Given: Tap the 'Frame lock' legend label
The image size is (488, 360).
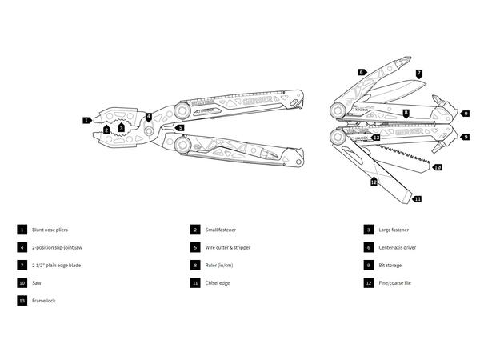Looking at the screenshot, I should tap(45, 301).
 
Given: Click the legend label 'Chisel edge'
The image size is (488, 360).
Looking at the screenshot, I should tap(217, 283).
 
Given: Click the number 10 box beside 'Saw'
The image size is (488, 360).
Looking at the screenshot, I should tap(22, 283).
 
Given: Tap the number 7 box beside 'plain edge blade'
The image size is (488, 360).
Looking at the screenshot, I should tap(22, 265).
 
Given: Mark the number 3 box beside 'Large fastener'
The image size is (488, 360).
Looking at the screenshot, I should tap(369, 230).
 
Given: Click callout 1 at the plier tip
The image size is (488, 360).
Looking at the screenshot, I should tap(86, 120).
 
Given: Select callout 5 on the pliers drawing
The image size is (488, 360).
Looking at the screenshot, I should tap(180, 126).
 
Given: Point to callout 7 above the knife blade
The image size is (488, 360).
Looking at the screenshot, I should tap(418, 73).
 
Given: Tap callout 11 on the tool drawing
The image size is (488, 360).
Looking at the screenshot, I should tap(417, 198).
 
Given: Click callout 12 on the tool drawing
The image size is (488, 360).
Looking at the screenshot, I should tap(374, 182).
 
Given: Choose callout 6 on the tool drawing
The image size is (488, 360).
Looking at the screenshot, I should tap(361, 72).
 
